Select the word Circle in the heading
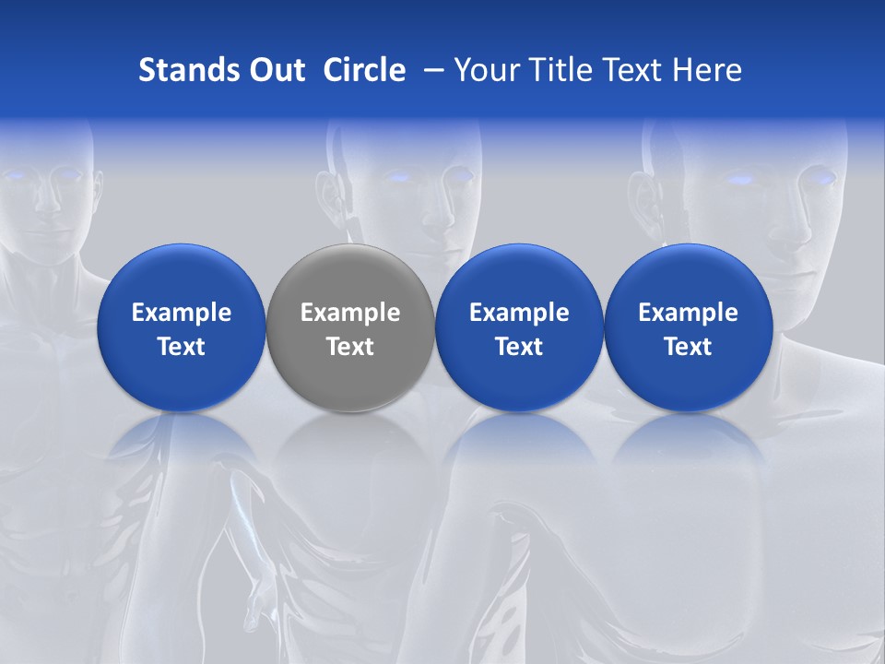[364, 70]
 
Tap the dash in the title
[432, 70]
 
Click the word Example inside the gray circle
[350, 313]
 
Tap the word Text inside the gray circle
[350, 347]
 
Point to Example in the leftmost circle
[181, 313]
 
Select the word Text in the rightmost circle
[689, 347]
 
